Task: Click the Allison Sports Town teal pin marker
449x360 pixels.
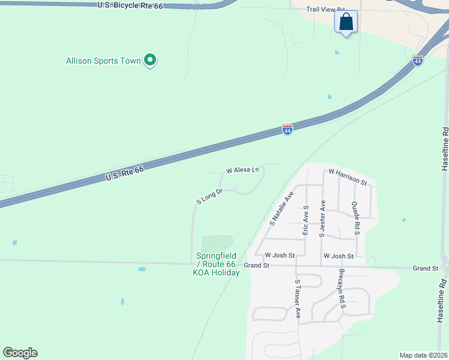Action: [x=151, y=61]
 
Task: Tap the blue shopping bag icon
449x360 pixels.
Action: [x=346, y=23]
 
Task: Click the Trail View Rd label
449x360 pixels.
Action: [x=326, y=10]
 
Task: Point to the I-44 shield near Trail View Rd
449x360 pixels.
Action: [x=418, y=60]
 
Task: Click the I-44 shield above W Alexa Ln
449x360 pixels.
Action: [x=288, y=130]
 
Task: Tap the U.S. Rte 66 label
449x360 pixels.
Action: [x=125, y=174]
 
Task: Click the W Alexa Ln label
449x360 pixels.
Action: [x=243, y=170]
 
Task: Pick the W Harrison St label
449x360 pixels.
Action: [x=348, y=176]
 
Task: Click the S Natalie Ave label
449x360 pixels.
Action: [x=281, y=208]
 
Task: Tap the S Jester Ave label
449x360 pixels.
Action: [x=322, y=218]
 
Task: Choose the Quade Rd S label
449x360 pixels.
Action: [x=355, y=217]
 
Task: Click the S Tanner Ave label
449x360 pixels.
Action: [x=297, y=298]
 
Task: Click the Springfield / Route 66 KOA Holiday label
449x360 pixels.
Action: [x=216, y=264]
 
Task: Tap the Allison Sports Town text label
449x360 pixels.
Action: [x=103, y=61]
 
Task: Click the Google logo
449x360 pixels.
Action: [x=20, y=352]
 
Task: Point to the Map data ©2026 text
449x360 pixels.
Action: [x=423, y=355]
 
